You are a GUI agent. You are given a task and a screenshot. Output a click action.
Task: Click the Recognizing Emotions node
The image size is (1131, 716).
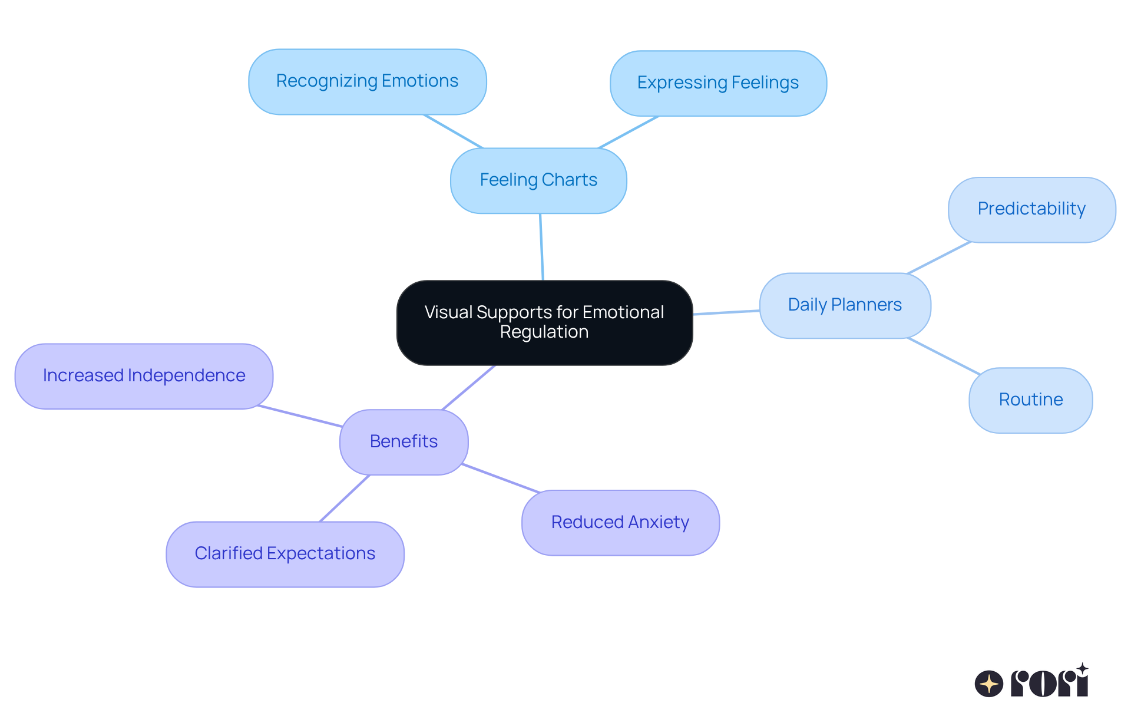tap(367, 81)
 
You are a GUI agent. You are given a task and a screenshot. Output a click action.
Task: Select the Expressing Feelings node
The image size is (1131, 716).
tap(717, 83)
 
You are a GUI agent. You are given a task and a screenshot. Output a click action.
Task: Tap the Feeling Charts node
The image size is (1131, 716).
tap(538, 180)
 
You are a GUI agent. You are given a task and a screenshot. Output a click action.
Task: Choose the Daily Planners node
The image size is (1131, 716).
tap(845, 305)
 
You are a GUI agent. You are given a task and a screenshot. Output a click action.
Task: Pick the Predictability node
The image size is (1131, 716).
tap(1031, 209)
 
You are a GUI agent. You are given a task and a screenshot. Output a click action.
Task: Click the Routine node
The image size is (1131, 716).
tap(1030, 400)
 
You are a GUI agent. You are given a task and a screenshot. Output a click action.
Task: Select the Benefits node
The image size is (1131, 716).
tap(404, 442)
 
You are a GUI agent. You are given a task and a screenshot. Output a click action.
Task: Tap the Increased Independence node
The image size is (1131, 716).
tap(144, 376)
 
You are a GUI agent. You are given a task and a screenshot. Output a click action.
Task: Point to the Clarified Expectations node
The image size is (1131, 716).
tap(285, 554)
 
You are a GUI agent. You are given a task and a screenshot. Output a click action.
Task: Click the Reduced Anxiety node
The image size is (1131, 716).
tap(620, 523)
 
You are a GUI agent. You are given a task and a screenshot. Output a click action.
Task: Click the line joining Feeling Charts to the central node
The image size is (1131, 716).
tap(541, 247)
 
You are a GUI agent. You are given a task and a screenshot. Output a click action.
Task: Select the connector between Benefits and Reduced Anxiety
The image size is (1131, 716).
tap(501, 478)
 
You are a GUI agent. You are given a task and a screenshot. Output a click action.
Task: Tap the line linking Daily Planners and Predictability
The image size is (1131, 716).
tap(939, 258)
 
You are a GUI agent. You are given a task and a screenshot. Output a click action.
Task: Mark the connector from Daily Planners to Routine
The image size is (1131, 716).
tap(944, 356)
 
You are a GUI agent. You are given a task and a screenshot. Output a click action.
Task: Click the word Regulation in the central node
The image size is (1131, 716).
tap(544, 332)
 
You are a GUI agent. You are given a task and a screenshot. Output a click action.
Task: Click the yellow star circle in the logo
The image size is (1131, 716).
tap(988, 684)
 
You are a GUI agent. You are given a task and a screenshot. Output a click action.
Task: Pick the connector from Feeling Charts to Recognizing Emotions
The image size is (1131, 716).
tap(453, 131)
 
